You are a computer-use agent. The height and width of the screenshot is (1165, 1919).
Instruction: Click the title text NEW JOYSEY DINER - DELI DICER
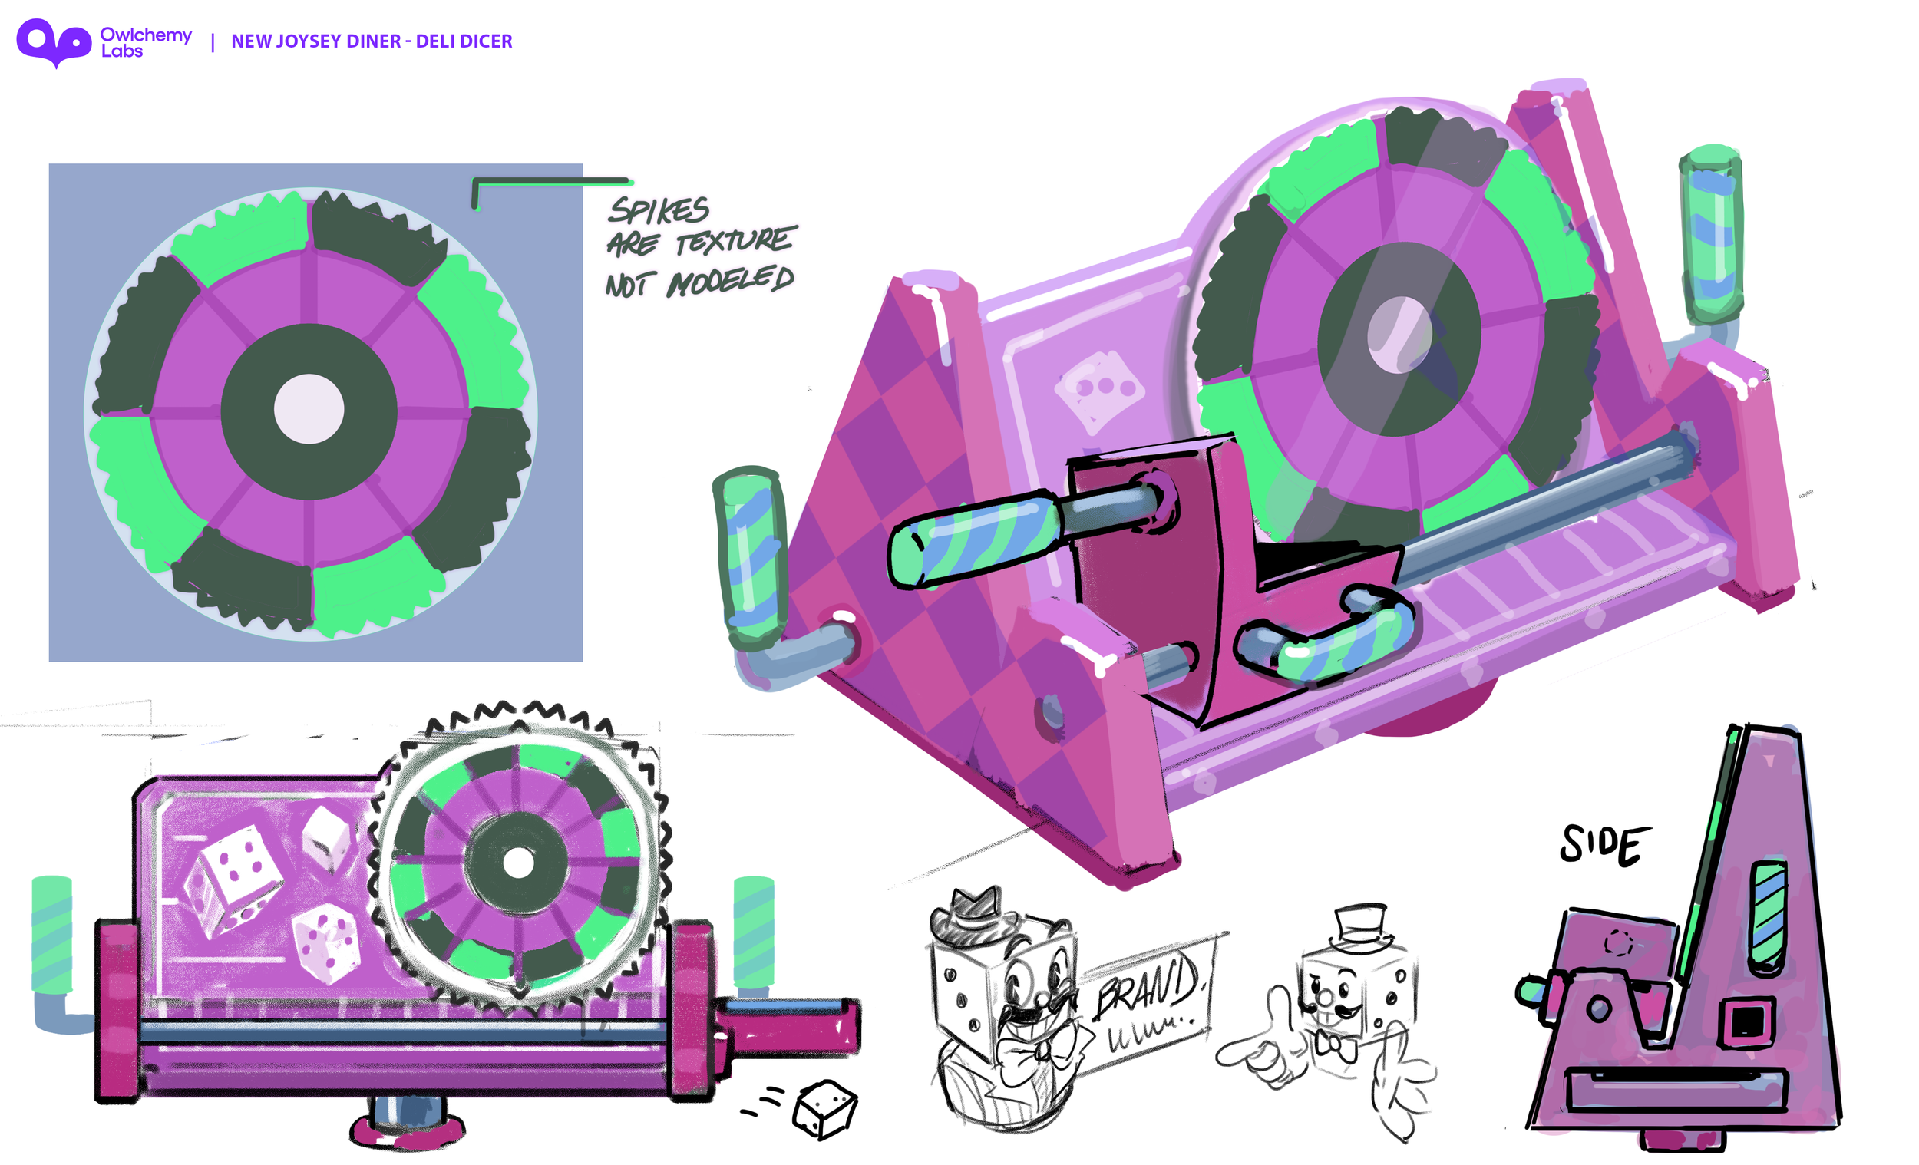click(x=372, y=41)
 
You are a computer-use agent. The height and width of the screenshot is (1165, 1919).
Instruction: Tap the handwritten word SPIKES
click(x=659, y=210)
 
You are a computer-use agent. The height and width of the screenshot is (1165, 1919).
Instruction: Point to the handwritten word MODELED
click(x=731, y=281)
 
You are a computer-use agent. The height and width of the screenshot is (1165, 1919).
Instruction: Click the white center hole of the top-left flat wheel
click(x=309, y=410)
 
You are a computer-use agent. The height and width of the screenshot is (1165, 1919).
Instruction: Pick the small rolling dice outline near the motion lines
click(x=825, y=1109)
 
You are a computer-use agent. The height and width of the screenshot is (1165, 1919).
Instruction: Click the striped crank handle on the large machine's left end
click(x=749, y=557)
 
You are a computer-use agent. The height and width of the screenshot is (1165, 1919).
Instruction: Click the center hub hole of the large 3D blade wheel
click(x=1399, y=335)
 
